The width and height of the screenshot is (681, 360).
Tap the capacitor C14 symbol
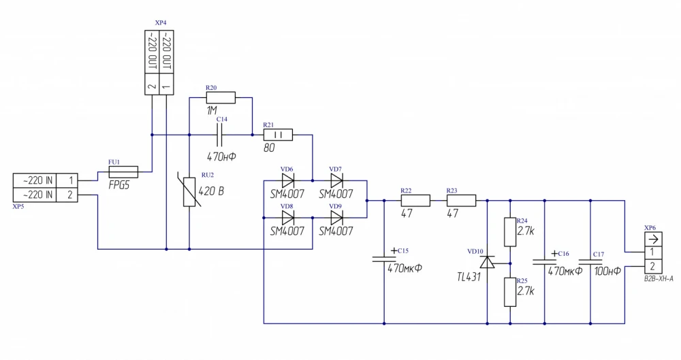220,135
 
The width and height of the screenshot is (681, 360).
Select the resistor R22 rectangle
415,201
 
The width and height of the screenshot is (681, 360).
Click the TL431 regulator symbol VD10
488,262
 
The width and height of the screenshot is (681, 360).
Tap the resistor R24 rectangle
510,232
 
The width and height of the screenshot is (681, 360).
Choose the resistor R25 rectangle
510,291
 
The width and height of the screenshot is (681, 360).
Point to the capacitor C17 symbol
591,261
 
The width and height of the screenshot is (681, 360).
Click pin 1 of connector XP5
70,180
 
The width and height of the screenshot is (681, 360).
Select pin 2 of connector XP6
652,265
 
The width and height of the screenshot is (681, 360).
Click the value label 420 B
211,191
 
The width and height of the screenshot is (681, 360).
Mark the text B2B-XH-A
659,279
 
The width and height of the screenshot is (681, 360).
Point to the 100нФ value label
606,272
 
